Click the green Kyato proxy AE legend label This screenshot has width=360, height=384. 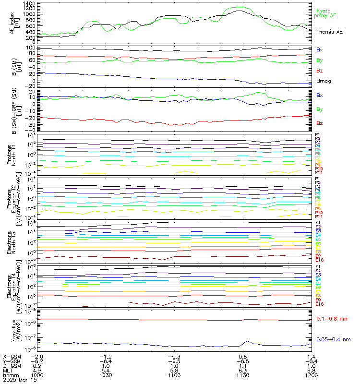click(x=326, y=13)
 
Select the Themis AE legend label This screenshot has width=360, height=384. click(x=329, y=32)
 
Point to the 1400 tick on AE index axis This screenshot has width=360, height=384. click(x=29, y=3)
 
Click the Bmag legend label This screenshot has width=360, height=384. click(x=324, y=81)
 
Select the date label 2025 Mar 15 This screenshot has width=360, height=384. click(x=19, y=380)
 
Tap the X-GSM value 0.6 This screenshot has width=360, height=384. click(x=243, y=357)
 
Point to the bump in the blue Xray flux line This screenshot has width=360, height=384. click(x=247, y=341)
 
